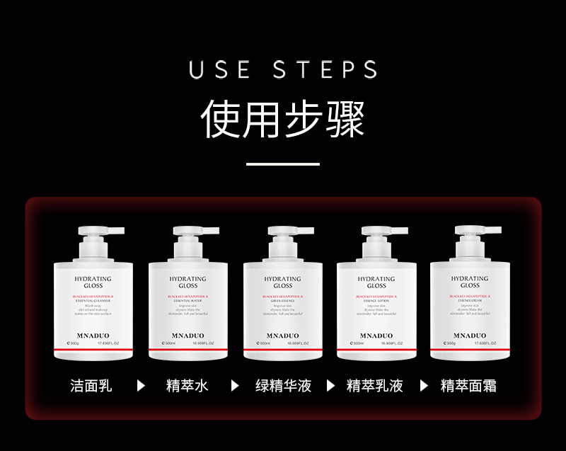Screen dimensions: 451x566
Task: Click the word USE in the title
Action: (x=219, y=69)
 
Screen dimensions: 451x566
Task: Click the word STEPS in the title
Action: (x=325, y=69)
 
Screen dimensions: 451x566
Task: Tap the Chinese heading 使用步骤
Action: (x=282, y=118)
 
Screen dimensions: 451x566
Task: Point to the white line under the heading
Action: (x=282, y=164)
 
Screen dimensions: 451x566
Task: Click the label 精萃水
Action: (x=187, y=386)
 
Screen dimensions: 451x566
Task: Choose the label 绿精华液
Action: (x=283, y=386)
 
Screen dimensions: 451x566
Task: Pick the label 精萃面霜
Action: (x=468, y=386)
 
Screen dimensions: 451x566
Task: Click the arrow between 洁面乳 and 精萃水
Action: (x=141, y=386)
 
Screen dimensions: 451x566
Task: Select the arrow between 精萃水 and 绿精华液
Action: (x=235, y=386)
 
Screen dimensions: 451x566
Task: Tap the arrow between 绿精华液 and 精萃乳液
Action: (x=330, y=386)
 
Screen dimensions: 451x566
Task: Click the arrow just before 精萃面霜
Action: (x=424, y=386)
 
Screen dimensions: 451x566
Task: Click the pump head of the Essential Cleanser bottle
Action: (x=99, y=232)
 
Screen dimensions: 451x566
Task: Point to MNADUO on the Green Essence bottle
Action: (x=282, y=336)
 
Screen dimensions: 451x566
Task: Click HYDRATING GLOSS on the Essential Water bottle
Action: (x=187, y=282)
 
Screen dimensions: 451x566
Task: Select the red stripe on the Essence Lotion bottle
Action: (x=376, y=350)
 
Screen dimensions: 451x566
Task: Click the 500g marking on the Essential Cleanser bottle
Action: (x=74, y=343)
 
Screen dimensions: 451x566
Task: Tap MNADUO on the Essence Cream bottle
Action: (x=470, y=336)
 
